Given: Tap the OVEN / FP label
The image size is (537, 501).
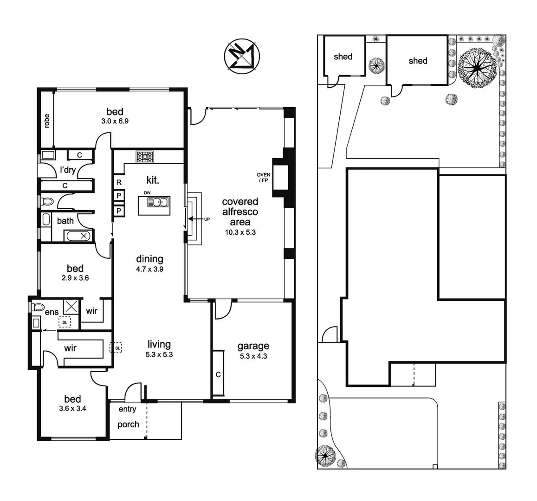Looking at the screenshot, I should (263, 177).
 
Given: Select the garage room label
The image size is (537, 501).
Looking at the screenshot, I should (253, 346).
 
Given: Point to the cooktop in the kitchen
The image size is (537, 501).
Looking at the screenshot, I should (145, 157).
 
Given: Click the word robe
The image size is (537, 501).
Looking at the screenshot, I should (46, 120).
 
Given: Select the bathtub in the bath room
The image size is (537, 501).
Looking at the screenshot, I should (78, 236).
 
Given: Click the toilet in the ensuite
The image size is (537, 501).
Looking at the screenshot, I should (37, 307).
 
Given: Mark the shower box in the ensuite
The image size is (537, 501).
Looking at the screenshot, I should (71, 307).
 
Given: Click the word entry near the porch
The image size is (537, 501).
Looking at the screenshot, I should (127, 409).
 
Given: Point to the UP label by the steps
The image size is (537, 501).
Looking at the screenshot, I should (207, 218).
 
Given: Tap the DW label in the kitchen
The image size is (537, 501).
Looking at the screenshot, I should (147, 193).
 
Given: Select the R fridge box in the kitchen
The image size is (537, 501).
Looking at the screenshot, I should (119, 182).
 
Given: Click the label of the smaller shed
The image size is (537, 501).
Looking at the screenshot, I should (343, 57).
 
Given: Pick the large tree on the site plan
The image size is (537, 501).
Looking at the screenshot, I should (477, 68).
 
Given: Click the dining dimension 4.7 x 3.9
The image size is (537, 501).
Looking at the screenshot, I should (149, 269).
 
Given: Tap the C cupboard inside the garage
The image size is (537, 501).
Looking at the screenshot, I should (218, 374).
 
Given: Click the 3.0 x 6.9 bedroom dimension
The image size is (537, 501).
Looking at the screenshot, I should (115, 121).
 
